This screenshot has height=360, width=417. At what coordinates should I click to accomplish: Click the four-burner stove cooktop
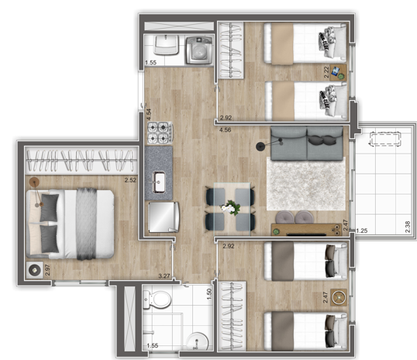point(159,133)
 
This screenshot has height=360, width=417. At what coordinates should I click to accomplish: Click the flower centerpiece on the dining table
point(229,207)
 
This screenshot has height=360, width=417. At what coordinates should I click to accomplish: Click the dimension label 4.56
point(225,130)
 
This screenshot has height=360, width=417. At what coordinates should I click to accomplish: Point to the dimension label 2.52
point(130,180)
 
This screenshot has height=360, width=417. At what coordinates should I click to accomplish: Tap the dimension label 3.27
point(164,275)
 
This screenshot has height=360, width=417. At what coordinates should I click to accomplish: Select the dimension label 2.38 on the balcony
point(406,228)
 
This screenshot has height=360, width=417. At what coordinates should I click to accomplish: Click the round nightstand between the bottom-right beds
point(338,296)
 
